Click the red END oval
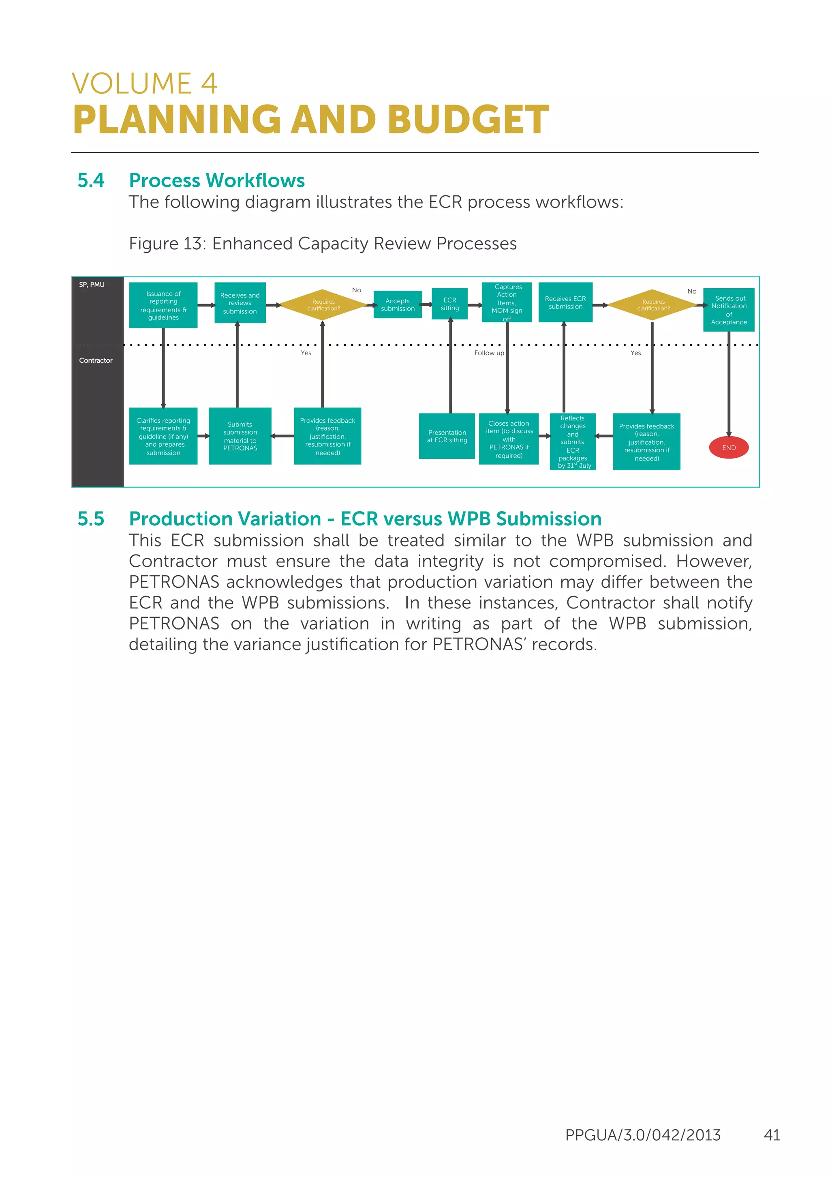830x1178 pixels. [728, 448]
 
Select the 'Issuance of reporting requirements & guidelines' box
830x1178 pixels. [163, 305]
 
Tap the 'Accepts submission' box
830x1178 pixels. [397, 305]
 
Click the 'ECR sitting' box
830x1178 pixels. [449, 304]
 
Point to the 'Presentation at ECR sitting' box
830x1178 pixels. [446, 436]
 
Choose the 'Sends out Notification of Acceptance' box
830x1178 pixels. [728, 310]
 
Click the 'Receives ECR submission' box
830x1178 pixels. [565, 303]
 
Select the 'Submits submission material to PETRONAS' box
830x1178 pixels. [240, 436]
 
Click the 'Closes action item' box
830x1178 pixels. [508, 439]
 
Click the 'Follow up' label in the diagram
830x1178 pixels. [488, 353]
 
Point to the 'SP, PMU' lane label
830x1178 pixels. [92, 285]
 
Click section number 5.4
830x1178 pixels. [91, 181]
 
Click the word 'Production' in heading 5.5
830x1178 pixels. [225, 519]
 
